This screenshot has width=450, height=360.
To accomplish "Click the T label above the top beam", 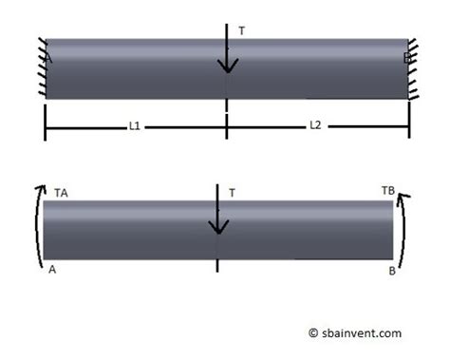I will point(242,30).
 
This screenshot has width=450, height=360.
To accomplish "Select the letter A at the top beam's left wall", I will point(47,59).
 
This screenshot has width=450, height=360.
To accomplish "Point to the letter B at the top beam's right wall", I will point(406,59).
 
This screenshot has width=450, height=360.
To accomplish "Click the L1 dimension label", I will point(135,125).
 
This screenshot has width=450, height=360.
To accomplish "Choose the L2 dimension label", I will point(315,125).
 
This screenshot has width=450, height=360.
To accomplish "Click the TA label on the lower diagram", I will point(62,192).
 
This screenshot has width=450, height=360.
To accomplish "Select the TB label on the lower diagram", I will point(387,190).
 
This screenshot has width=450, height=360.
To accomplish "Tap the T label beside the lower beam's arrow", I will point(232,193).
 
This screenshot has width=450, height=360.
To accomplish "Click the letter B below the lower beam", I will point(391,271).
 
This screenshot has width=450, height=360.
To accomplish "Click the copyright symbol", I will point(313,333).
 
